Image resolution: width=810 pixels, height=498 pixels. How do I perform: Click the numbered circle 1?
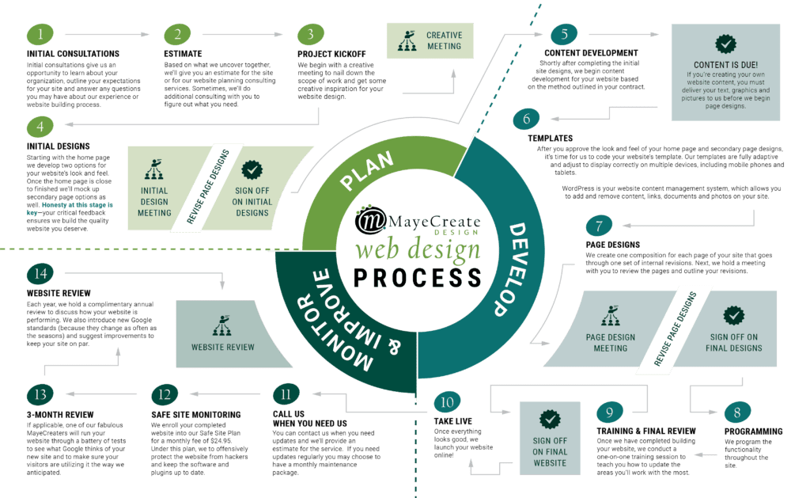click(40, 34)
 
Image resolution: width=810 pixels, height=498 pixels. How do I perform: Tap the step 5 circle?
click(564, 34)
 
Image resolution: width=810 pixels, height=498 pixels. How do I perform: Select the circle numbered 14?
click(40, 274)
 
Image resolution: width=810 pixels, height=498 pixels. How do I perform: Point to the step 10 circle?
click(447, 402)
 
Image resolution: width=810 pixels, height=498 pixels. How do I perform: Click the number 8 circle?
click(736, 412)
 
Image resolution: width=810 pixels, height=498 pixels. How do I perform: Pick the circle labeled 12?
click(165, 393)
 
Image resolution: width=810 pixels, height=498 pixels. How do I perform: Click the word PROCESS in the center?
click(418, 278)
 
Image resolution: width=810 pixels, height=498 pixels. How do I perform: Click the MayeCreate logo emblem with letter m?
click(368, 221)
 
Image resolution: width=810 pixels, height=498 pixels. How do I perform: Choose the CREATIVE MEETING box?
click(430, 40)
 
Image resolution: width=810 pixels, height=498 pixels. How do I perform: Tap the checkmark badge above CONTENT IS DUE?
click(725, 44)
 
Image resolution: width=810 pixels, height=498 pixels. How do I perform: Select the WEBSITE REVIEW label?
click(223, 347)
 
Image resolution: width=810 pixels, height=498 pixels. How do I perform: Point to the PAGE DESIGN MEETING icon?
click(610, 317)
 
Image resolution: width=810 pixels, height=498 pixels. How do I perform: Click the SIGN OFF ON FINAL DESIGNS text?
click(734, 342)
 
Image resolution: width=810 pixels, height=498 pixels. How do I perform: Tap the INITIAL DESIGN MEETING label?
click(154, 201)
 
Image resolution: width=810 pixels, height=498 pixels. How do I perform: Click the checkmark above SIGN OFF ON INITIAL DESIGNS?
click(252, 169)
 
